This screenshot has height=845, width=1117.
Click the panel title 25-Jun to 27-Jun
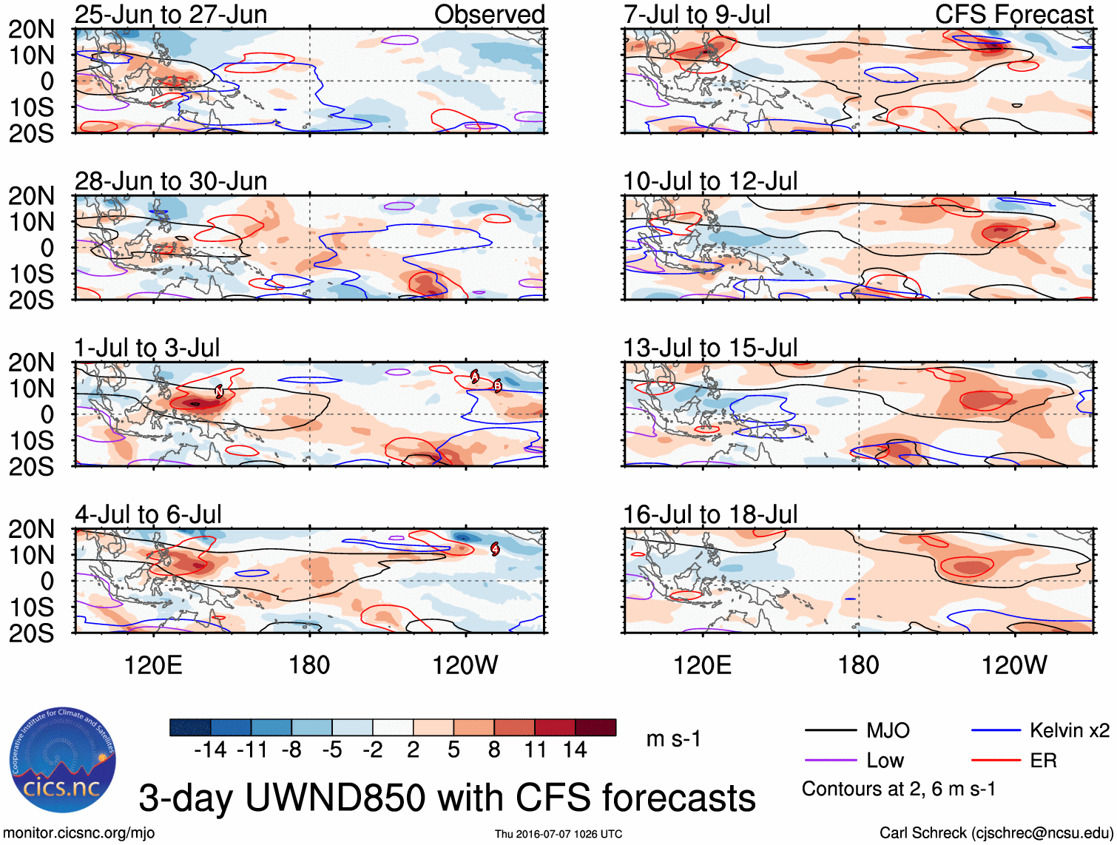point(171,15)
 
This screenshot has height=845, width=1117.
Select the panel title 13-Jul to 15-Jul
point(710,348)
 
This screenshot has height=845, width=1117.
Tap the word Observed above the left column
point(489,15)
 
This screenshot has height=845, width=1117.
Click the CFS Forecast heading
point(1014,15)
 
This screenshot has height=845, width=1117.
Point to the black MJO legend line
point(830,731)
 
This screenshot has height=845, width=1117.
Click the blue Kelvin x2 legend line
point(996,731)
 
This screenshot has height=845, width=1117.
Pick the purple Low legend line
point(830,761)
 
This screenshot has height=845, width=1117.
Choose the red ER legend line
point(996,761)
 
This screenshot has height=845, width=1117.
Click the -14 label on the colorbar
point(210,750)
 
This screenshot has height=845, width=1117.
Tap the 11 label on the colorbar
point(535,750)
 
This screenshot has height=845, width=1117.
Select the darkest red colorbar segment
point(595,727)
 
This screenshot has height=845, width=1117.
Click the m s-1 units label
point(673,739)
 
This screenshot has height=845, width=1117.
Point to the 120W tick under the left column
point(465,665)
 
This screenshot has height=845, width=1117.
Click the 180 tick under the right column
point(858,665)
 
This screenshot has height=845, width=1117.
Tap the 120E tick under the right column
point(702,665)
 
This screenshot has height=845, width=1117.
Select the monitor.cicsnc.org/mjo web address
point(79,833)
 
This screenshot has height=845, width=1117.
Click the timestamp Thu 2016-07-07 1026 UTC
point(558,834)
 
